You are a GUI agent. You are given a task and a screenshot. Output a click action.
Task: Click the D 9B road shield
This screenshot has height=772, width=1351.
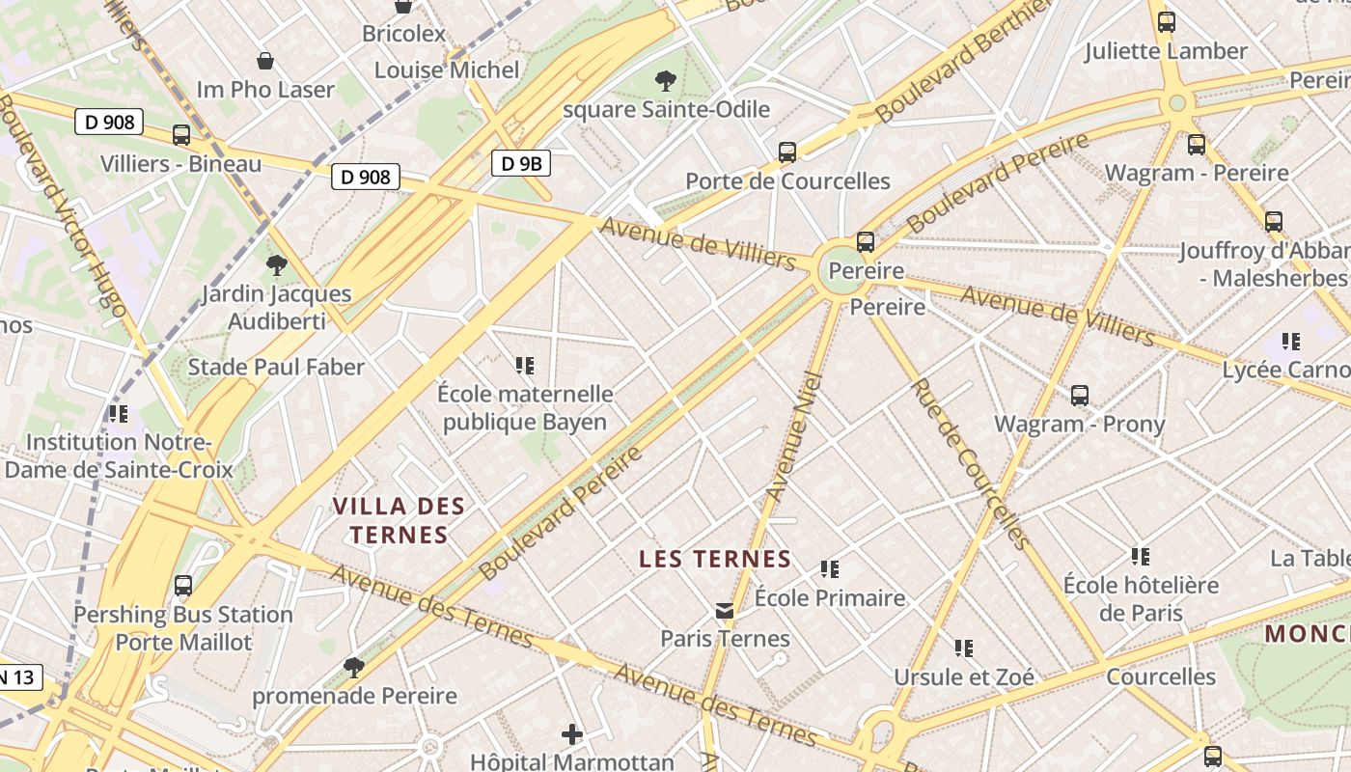pos(521,163)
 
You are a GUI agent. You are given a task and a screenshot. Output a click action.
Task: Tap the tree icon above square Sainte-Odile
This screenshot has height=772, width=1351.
pos(665,80)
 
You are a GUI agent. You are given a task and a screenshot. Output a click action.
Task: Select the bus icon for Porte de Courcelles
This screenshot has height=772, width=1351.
pos(787,152)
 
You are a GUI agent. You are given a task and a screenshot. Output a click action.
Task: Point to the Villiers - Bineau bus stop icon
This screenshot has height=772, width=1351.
pos(181,135)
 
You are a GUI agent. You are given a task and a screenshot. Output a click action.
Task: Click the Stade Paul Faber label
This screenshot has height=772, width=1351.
pos(276,367)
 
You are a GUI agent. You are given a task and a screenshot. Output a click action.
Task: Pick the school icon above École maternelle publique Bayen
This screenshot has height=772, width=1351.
pos(525,366)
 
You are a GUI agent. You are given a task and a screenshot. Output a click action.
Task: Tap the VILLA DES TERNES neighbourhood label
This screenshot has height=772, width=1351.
pos(399,520)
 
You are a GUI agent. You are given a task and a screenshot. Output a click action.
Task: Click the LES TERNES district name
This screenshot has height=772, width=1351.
pos(715,559)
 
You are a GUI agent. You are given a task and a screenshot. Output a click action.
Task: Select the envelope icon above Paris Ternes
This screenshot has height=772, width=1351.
pos(725,610)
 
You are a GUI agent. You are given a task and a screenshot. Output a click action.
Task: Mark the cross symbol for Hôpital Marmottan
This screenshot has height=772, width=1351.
pos(572,734)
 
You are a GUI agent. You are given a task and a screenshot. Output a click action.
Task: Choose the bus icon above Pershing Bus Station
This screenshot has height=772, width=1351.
pos(183,586)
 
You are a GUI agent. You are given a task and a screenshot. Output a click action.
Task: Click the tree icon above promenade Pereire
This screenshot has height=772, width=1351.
pos(354,667)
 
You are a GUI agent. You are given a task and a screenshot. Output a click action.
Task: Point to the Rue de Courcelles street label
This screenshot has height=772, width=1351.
pos(967,463)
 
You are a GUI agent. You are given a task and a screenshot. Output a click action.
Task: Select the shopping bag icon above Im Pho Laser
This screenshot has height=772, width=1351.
pos(265,61)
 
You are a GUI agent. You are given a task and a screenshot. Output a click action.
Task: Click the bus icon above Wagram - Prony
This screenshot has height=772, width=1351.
pos(1080,395)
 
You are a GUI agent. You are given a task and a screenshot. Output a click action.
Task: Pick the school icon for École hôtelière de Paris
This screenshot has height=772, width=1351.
pos(1141,556)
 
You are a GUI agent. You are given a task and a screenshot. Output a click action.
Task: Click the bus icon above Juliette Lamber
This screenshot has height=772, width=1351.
pos(1167,21)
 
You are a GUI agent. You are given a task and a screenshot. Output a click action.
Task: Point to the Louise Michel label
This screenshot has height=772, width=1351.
pos(447,69)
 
